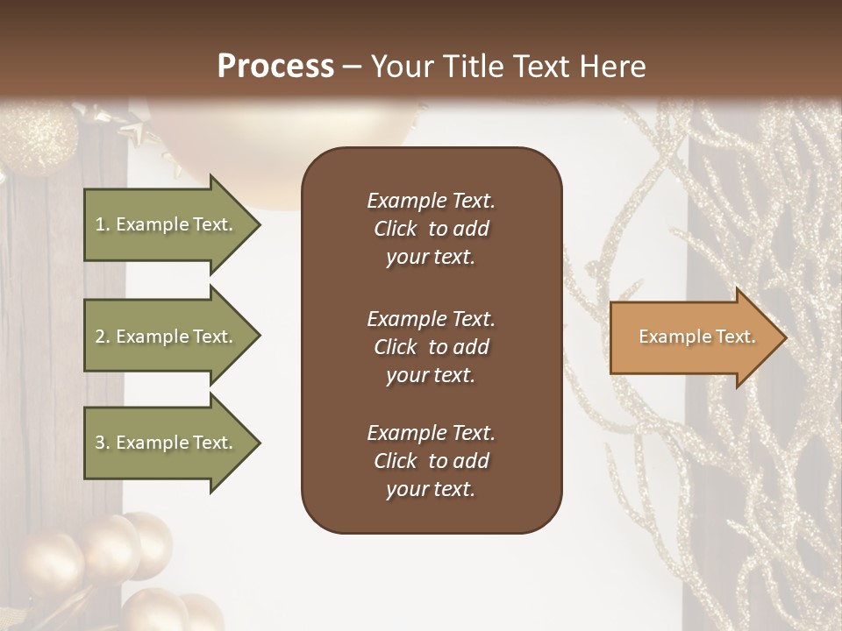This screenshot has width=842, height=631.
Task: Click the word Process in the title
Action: [275, 66]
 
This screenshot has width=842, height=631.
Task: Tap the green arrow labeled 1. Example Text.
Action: [167, 224]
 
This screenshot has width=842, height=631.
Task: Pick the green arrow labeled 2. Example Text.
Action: [167, 337]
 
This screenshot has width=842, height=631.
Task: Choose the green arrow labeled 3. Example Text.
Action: [167, 443]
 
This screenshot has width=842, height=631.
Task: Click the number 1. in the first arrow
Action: [103, 224]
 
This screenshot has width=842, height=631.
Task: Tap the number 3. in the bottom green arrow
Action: [103, 443]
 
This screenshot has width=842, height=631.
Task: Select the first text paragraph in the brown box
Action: [431, 229]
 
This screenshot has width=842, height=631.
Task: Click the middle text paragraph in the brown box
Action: [431, 347]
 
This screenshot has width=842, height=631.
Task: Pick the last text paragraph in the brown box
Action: [431, 461]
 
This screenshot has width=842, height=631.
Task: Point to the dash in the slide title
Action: [353, 67]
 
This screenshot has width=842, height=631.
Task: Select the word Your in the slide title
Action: [401, 66]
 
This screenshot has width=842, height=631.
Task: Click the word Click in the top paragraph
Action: [395, 229]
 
